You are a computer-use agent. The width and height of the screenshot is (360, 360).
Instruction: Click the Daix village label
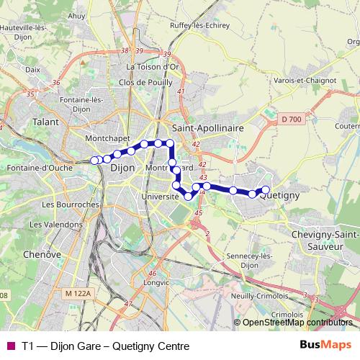tap(32, 70)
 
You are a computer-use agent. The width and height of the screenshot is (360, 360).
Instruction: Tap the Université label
tap(160, 196)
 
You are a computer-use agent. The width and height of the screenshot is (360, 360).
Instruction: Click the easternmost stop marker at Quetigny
tap(265, 190)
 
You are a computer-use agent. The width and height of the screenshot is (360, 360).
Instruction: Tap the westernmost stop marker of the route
tap(94, 160)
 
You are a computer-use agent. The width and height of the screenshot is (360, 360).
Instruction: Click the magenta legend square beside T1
tap(11, 346)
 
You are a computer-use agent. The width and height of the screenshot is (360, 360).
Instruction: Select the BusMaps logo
tap(326, 346)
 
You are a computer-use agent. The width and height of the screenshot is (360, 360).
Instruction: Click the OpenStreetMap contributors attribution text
tap(297, 323)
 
